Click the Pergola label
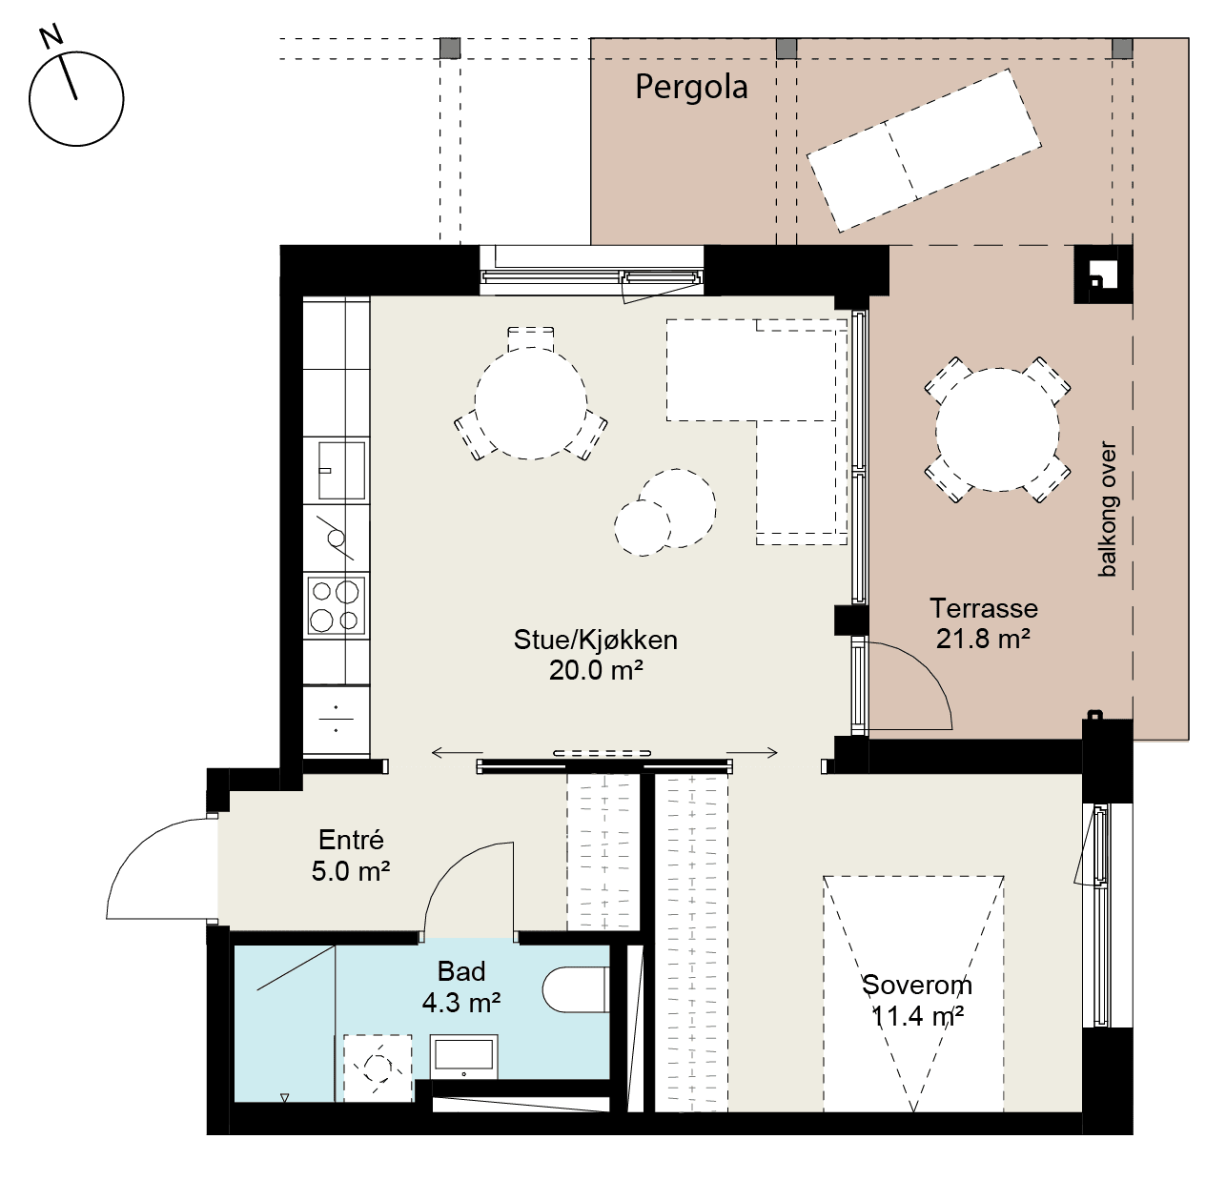(x=691, y=88)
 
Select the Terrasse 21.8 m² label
(x=984, y=623)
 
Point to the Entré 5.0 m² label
(x=351, y=856)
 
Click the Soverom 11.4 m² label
(x=917, y=1001)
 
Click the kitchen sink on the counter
(x=341, y=471)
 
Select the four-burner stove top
(x=337, y=605)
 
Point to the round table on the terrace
(x=997, y=430)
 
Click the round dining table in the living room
(x=531, y=402)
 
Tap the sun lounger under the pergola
(x=924, y=151)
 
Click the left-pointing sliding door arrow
(x=457, y=752)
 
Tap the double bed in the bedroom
(x=913, y=993)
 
